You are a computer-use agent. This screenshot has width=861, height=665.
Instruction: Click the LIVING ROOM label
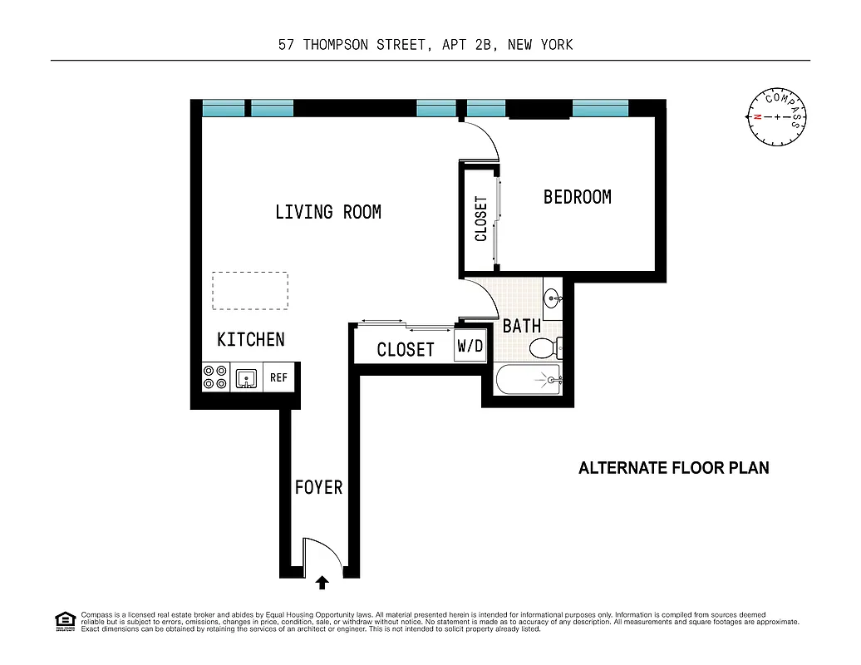tap(328, 212)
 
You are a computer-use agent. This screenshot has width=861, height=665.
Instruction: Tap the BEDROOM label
tap(577, 197)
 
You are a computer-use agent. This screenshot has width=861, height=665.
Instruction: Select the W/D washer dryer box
tap(469, 347)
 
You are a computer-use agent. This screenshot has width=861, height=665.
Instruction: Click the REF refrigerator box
tap(278, 378)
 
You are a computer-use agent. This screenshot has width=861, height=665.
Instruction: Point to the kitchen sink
tap(247, 378)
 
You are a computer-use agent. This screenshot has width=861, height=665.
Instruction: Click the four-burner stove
tap(215, 378)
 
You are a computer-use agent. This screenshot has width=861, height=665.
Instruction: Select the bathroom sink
tap(553, 298)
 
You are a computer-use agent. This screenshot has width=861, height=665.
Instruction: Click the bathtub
tap(528, 381)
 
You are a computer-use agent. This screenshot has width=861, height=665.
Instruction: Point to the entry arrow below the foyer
tap(322, 583)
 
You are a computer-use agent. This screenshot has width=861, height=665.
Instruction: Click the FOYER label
tap(318, 487)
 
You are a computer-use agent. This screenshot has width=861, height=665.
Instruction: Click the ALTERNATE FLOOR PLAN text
tap(673, 468)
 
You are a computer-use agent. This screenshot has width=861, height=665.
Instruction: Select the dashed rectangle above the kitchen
tap(250, 291)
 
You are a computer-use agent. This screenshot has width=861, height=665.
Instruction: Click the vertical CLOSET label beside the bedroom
tap(480, 219)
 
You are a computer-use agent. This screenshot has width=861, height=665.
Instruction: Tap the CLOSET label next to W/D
tap(406, 350)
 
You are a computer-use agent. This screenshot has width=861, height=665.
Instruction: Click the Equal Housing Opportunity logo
tap(65, 621)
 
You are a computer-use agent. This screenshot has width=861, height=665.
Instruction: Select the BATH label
tap(522, 326)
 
